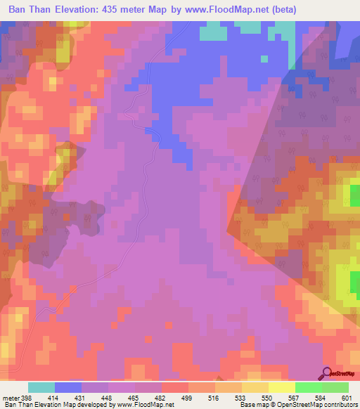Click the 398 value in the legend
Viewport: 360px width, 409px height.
pos(27,398)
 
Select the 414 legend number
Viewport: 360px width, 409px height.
pos(53,398)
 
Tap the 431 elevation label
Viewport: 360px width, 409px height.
pos(80,398)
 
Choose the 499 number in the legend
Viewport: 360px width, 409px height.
pos(186,398)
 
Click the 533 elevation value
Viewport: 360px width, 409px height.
pos(240,398)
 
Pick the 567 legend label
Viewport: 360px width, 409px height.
pos(293,398)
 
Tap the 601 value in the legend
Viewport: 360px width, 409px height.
pos(346,398)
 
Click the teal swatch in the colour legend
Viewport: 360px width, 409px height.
pos(41,387)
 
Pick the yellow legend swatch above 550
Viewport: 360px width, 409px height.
pos(281,387)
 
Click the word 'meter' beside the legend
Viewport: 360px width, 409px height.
pos(11,398)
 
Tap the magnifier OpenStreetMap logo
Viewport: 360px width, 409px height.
pos(328,374)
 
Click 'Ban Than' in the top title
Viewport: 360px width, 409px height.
pos(30,10)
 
